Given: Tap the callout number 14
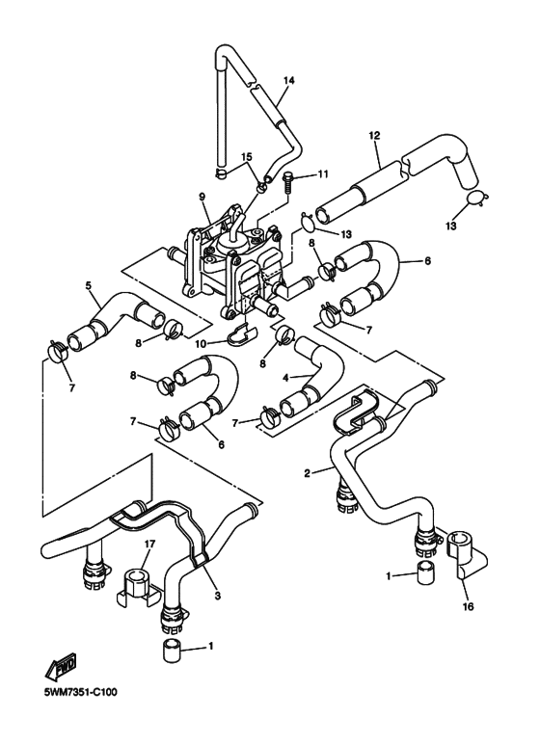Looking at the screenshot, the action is tap(288, 80).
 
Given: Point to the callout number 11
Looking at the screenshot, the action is tap(323, 174).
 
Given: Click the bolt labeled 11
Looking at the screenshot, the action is tap(288, 183).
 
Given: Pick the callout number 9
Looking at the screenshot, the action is tap(202, 196).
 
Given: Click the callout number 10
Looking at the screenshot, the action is tap(202, 343).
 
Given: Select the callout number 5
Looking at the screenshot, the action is tap(89, 285).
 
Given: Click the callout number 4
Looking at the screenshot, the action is tap(285, 378).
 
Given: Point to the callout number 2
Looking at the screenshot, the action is tap(307, 473).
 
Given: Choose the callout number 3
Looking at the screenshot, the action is tap(217, 595).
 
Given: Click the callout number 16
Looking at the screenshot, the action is tap(469, 606).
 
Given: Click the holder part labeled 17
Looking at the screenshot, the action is tap(136, 586).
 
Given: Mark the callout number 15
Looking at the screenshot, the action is tap(246, 157).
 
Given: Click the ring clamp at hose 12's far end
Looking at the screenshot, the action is tap(475, 197).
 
